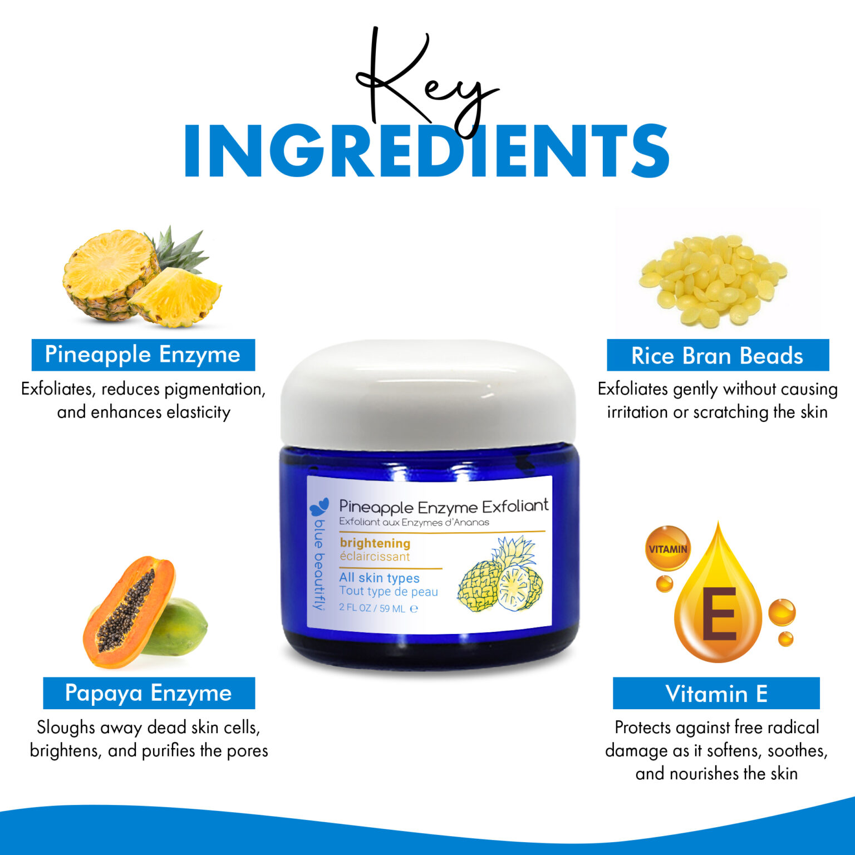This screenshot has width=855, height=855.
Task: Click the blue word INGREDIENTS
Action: click(426, 151)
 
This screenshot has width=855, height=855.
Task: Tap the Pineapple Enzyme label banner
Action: click(143, 355)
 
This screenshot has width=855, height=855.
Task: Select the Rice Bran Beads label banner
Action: click(718, 355)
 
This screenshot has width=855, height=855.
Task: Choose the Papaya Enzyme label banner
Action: click(149, 693)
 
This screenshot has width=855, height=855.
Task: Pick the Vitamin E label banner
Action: click(716, 693)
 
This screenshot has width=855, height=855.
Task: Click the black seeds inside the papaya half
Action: click(126, 611)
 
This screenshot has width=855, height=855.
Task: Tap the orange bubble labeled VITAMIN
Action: click(668, 549)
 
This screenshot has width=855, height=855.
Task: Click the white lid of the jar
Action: click(428, 394)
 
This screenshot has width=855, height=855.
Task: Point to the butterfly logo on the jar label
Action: click(320, 507)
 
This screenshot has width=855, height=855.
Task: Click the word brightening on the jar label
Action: click(375, 543)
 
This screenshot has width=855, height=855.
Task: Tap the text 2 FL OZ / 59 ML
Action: click(372, 608)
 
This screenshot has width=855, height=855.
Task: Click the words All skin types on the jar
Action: click(379, 578)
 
